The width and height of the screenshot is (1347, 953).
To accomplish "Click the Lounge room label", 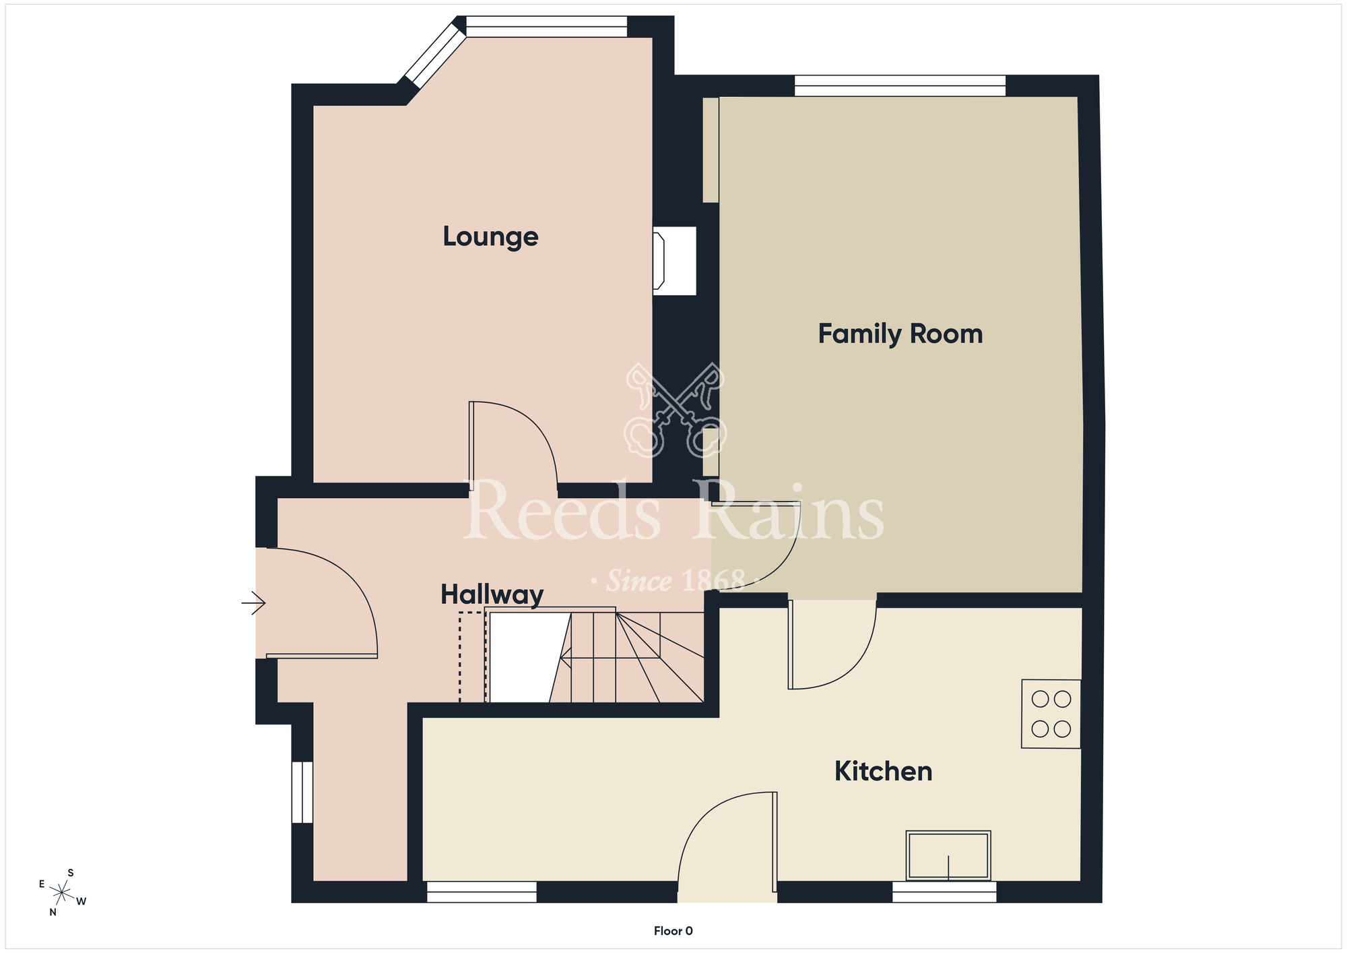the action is pos(490,237).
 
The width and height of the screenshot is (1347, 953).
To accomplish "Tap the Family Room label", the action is pos(900,334).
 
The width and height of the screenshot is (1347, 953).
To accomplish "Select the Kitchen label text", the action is pos(883,771).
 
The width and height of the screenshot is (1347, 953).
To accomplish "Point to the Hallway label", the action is pos(492,594).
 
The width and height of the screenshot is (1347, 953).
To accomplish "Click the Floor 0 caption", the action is pos(673,931).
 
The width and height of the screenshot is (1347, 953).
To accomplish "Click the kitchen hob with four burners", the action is pos(1051,714).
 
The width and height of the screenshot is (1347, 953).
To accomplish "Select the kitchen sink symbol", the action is pos(948,855).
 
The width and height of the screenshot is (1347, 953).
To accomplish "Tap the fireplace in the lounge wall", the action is pos(673,261).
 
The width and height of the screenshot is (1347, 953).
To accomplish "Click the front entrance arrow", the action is pos(253,603).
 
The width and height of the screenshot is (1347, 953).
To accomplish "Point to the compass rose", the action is pos(62,893).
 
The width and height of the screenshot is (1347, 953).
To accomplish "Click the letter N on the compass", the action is pos(53,913).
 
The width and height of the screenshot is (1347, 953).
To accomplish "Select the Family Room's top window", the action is pos(900,86).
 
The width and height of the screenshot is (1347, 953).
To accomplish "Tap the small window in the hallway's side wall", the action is pos(302,792).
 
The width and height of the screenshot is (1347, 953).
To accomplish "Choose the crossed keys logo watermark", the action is pos(675,410).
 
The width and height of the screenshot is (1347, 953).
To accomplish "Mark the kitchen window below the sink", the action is pos(944,892).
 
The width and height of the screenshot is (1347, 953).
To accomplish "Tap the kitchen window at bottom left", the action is pos(482,892).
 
